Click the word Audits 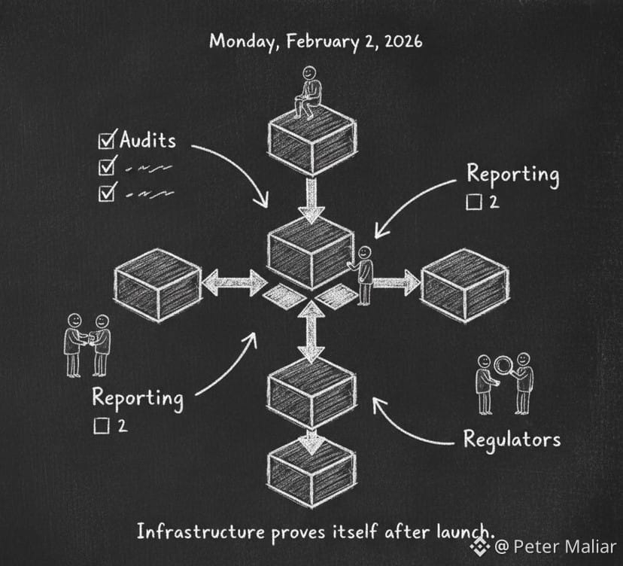pos(147,140)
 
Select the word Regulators pos(511,439)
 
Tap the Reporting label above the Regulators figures pos(512,174)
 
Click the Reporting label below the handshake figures pos(137,397)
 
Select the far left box pos(158,285)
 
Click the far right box pos(465,285)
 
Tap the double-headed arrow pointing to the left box pos(234,284)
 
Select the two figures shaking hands pos(87,343)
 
